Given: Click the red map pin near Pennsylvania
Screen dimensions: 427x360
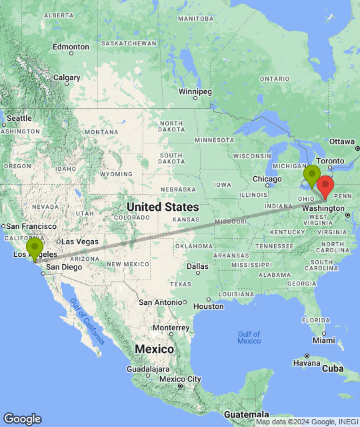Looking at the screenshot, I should tap(325, 186).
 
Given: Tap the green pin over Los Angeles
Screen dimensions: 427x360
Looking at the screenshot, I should tap(35, 248).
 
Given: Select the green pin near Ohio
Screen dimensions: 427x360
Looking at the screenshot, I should tap(311, 175).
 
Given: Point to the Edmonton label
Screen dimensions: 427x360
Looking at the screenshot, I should tap(71, 47).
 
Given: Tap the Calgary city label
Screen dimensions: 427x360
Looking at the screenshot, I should tap(67, 77).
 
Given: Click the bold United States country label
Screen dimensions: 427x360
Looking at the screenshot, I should tap(163, 207).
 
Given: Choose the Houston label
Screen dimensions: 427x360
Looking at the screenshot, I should tap(209, 306).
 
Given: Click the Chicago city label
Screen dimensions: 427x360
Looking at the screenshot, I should tap(267, 179).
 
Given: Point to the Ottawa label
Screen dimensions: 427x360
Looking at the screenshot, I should tap(342, 141).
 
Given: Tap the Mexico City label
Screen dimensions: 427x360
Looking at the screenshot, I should tap(180, 380).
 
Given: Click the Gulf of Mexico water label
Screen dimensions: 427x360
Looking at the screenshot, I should tap(249, 337).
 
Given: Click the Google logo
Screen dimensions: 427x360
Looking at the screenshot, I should tap(22, 419).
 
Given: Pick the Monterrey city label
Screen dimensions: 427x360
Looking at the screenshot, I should tap(171, 328).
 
